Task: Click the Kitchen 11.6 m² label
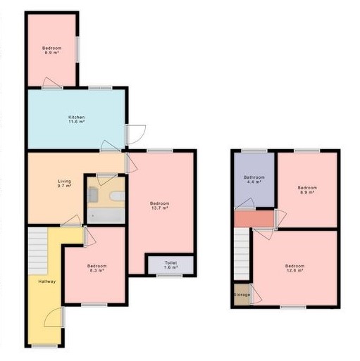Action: point(76,119)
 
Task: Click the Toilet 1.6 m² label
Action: point(170,265)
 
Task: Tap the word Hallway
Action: point(47,281)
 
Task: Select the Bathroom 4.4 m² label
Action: point(254,179)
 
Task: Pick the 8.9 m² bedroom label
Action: point(306,190)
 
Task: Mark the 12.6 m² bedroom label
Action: point(294,267)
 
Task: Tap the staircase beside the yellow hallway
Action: point(38,250)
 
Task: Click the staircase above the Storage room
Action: point(242,257)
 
